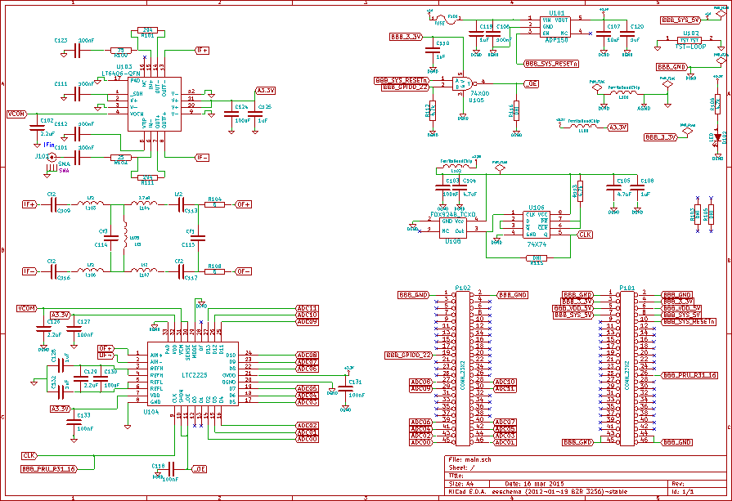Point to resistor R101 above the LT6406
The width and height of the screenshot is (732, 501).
pyautogui.click(x=148, y=30)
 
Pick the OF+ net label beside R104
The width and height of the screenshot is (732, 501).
pyautogui.click(x=243, y=205)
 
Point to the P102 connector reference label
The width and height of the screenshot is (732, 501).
pyautogui.click(x=463, y=288)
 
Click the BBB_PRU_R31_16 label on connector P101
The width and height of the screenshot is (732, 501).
pyautogui.click(x=689, y=374)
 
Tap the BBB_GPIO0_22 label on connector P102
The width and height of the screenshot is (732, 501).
pyautogui.click(x=408, y=355)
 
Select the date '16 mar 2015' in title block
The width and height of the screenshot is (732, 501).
pyautogui.click(x=540, y=483)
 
